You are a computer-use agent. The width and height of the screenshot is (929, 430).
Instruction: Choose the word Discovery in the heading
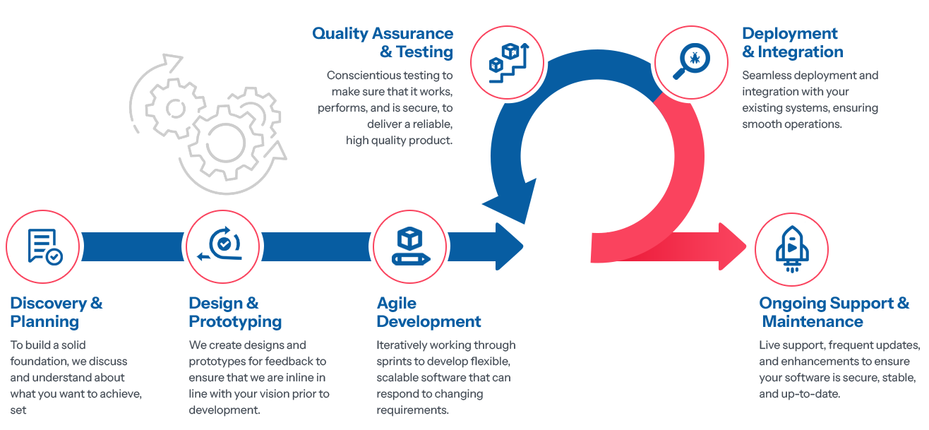[47, 304]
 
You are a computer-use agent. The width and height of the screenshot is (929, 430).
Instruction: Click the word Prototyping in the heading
[234, 322]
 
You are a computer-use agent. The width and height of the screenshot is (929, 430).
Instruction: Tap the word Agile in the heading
[396, 304]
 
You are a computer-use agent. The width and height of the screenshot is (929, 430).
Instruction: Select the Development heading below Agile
[428, 322]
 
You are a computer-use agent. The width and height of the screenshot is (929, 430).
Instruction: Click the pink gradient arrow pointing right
[699, 246]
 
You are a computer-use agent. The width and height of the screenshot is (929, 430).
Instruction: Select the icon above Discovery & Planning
[42, 246]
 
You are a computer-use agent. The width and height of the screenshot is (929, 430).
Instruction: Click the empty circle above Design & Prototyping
[222, 246]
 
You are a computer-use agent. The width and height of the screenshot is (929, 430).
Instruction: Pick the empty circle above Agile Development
[409, 246]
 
